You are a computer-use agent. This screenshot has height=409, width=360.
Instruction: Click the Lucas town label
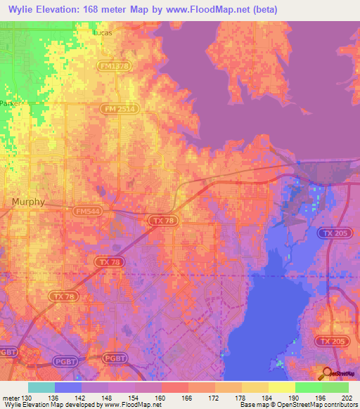pyautogui.click(x=102, y=32)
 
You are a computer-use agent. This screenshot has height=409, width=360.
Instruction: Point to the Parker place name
pyautogui.click(x=9, y=103)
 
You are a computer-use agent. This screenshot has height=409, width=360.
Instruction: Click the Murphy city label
pyautogui.click(x=29, y=202)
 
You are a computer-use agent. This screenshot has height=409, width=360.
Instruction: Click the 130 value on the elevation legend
pyautogui.click(x=27, y=397)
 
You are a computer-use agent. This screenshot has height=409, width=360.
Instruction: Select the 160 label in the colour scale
pyautogui.click(x=162, y=397)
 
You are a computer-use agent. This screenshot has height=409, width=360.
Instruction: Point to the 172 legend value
pyautogui.click(x=215, y=397)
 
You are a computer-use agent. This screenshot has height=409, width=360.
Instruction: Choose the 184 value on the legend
pyautogui.click(x=269, y=397)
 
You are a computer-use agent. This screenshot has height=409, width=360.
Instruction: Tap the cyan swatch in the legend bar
pyautogui.click(x=41, y=387)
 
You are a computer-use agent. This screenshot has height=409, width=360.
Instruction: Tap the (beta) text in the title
pyautogui.click(x=264, y=10)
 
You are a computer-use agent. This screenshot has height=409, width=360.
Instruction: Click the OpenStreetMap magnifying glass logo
pyautogui.click(x=327, y=373)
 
